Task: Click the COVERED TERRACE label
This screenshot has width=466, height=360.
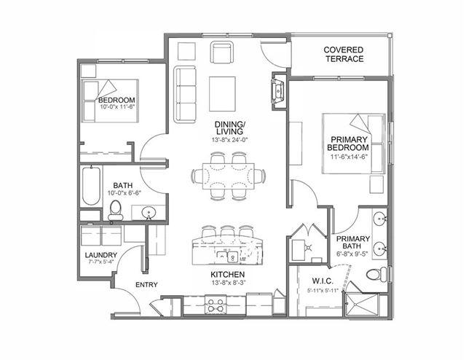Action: (344, 54)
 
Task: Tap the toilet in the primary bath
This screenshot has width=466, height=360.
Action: (376, 273)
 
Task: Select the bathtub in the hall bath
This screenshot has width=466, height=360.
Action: (91, 186)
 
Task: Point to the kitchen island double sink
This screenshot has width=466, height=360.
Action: (227, 257)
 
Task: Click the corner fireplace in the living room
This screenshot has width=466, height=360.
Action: (278, 91)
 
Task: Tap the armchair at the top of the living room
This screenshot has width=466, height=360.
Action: (221, 52)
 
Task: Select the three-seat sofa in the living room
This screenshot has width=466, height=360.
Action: (185, 95)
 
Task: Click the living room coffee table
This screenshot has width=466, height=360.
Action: (222, 94)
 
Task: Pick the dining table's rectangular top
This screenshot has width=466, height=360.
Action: (229, 176)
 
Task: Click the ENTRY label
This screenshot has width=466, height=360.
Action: (146, 285)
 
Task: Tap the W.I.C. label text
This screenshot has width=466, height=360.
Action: (323, 281)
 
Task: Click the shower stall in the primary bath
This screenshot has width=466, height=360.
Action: (363, 305)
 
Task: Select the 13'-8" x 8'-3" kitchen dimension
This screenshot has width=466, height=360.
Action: (229, 283)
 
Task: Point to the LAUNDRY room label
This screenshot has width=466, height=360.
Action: (101, 255)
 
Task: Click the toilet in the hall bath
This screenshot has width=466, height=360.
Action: (115, 210)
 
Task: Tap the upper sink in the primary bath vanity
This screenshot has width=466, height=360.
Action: (379, 219)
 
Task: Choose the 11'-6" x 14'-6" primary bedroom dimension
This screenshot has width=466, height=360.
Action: (349, 157)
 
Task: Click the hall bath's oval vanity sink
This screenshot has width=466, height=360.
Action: (149, 213)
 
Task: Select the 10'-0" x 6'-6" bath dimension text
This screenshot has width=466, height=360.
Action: (125, 193)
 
